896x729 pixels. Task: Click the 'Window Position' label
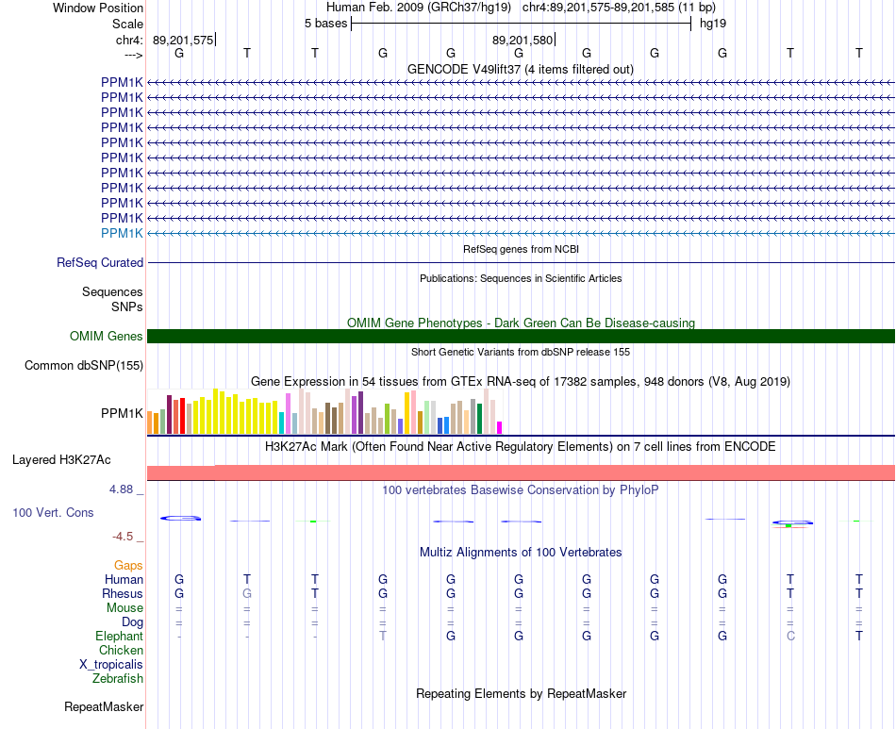(98, 8)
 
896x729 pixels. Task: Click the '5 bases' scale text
(325, 24)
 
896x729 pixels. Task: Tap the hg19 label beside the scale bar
(713, 24)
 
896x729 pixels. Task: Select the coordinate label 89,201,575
(183, 40)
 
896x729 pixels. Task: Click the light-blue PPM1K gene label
(122, 233)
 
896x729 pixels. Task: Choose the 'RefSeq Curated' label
(100, 263)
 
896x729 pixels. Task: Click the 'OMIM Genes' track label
(107, 336)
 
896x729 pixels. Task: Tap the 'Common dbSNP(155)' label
(84, 366)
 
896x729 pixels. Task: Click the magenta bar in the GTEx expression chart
(500, 427)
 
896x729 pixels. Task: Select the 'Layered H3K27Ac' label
(61, 460)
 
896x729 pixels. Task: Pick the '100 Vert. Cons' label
(53, 512)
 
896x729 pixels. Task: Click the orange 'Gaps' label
(128, 565)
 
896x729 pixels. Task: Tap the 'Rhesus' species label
(123, 593)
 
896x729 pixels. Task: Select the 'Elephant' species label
(120, 636)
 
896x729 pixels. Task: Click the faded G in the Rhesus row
(247, 593)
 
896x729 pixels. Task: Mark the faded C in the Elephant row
(790, 636)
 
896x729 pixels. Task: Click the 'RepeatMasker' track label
(104, 706)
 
